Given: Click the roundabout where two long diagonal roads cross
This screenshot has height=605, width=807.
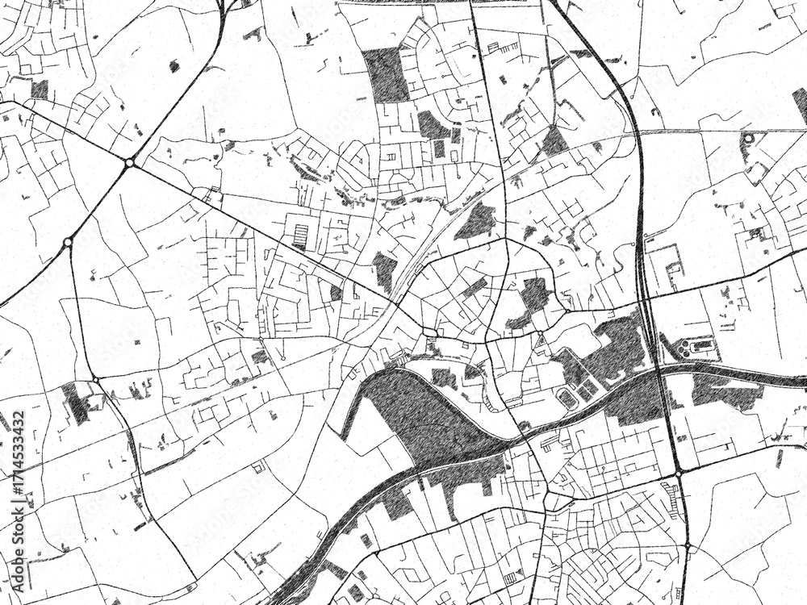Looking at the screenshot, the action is pos(129,163).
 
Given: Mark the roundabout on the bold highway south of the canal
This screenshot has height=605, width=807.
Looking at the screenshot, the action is pos(679,471).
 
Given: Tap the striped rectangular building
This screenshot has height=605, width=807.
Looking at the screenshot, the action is pos(300,236).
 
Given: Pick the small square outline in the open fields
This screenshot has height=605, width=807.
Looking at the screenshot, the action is pos(258,467).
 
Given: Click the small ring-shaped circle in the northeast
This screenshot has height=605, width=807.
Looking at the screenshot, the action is pos(748,138).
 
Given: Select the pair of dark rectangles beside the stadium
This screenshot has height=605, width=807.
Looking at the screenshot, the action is pos(587,389).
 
